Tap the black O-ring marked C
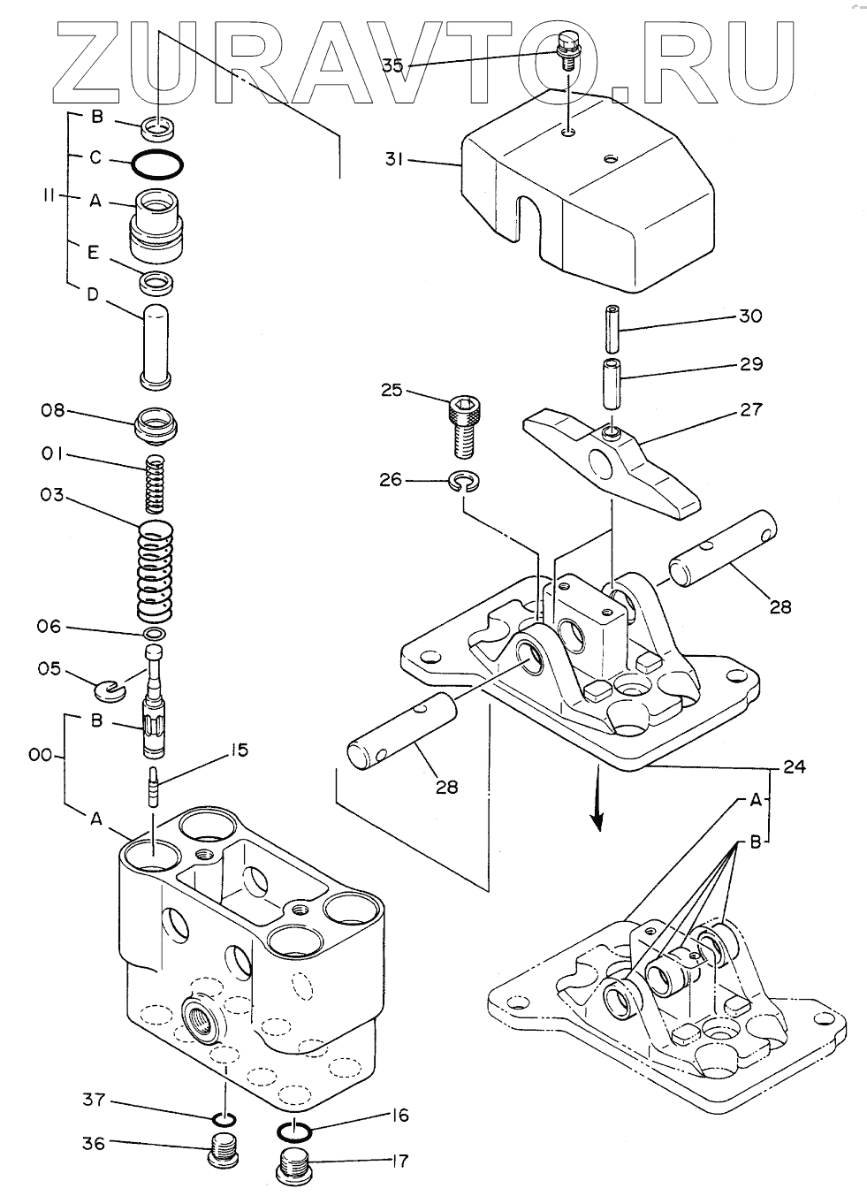(157, 164)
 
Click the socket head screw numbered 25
(464, 427)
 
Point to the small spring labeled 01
(156, 484)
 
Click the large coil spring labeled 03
(156, 570)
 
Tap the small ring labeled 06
(154, 635)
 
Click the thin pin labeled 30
(612, 328)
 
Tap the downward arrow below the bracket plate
(598, 800)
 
